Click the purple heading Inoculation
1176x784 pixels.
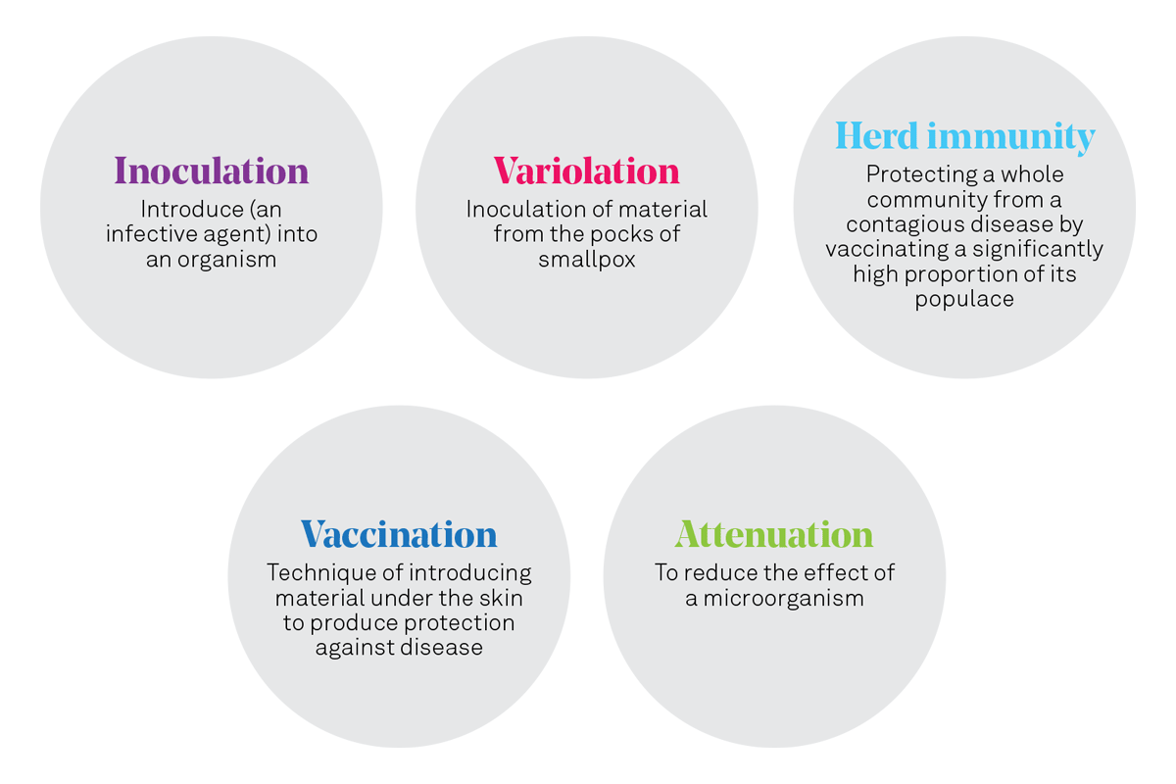pyautogui.click(x=212, y=171)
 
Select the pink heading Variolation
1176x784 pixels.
pyautogui.click(x=586, y=171)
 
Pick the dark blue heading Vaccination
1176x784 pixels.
pyautogui.click(x=399, y=535)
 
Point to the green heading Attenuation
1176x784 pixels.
pyautogui.click(x=774, y=535)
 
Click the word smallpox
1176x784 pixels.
pyautogui.click(x=586, y=261)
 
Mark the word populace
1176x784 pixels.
pyautogui.click(x=964, y=300)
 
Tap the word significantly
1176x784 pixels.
pyautogui.click(x=1037, y=250)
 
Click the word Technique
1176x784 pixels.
pyautogui.click(x=314, y=572)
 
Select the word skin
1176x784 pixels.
pyautogui.click(x=501, y=598)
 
